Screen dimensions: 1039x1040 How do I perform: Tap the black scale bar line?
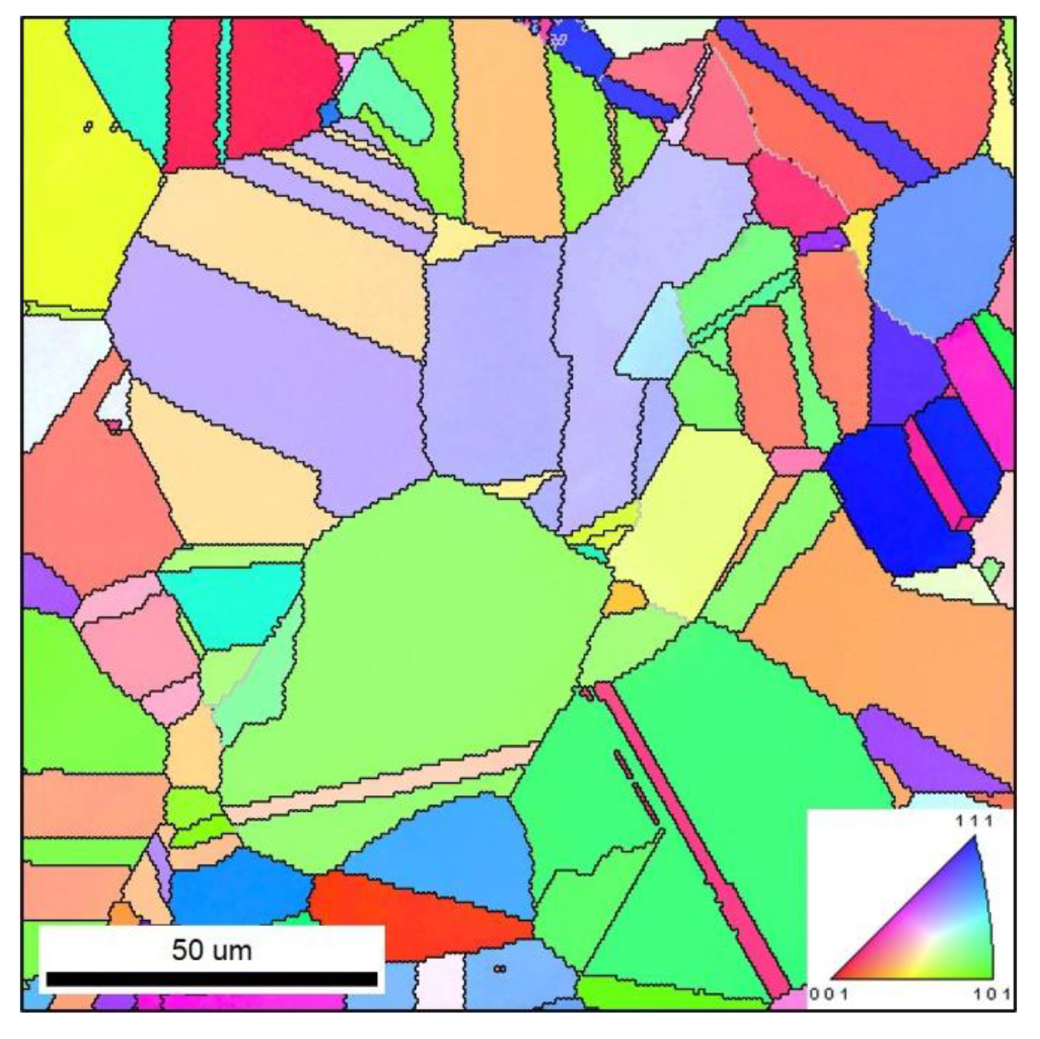coord(211,979)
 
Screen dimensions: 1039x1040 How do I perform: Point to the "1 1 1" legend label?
coord(976,821)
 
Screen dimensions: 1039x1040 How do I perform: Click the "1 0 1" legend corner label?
coord(993,993)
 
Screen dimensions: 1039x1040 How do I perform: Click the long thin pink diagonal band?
coord(691,835)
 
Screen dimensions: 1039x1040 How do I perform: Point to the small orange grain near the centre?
coord(624,597)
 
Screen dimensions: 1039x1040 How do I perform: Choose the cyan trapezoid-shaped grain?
coord(233,602)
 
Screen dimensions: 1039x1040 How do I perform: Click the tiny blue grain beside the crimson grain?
coord(329,112)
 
